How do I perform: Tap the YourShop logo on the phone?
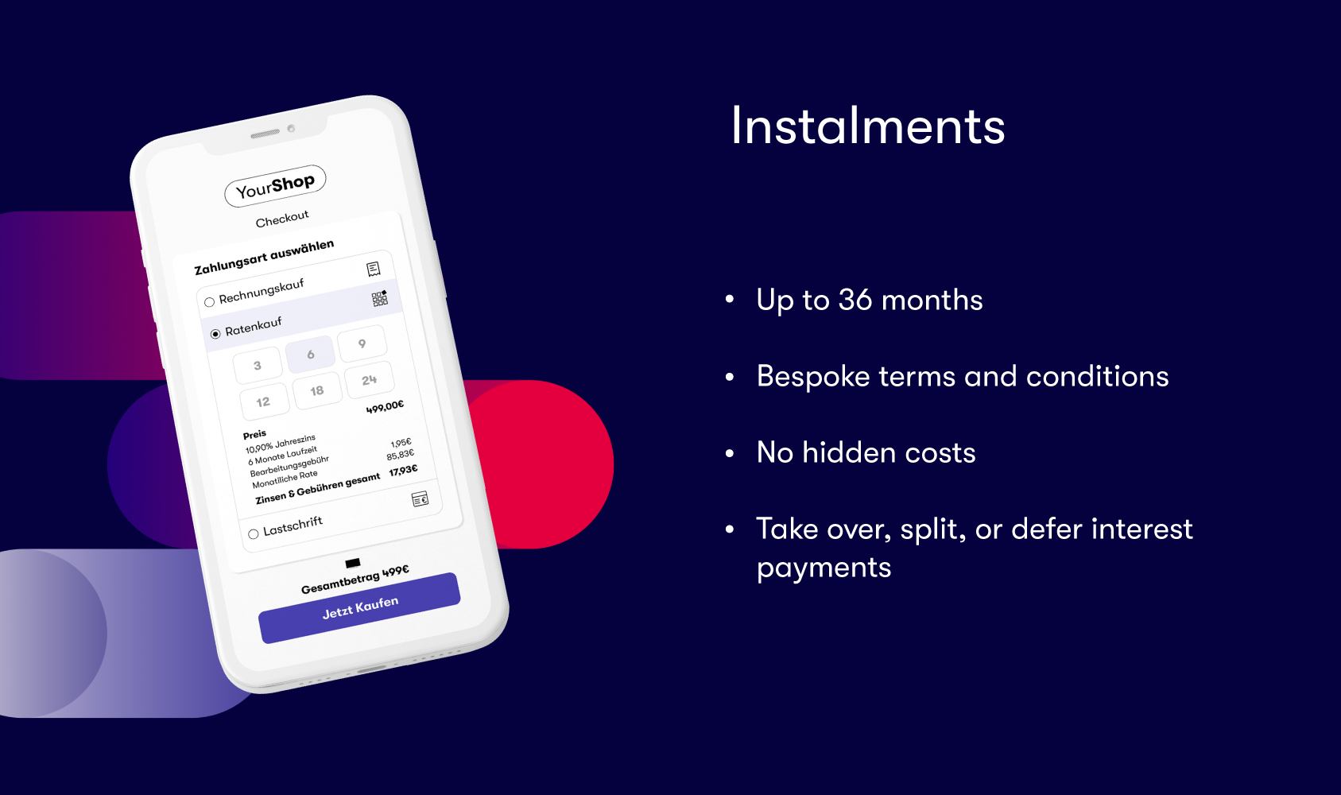pos(275,185)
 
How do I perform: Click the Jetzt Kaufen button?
pos(360,607)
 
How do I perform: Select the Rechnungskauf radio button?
pos(209,302)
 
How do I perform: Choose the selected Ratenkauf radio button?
pos(215,333)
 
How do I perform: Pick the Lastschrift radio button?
pos(254,533)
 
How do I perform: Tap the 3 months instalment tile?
pos(258,365)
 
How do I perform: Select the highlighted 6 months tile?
pos(310,355)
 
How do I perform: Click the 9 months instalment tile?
pos(362,343)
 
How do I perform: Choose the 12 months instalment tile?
pos(264,401)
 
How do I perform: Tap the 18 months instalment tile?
pos(316,391)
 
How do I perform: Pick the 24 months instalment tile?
pos(370,380)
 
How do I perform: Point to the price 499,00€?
pos(385,407)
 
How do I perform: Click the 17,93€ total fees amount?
pos(404,471)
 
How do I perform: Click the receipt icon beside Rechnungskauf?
pos(374,269)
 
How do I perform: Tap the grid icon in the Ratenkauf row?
pos(379,298)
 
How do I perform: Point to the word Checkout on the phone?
pos(282,219)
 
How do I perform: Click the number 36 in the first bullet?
pos(855,300)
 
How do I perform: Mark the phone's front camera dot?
pos(292,128)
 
